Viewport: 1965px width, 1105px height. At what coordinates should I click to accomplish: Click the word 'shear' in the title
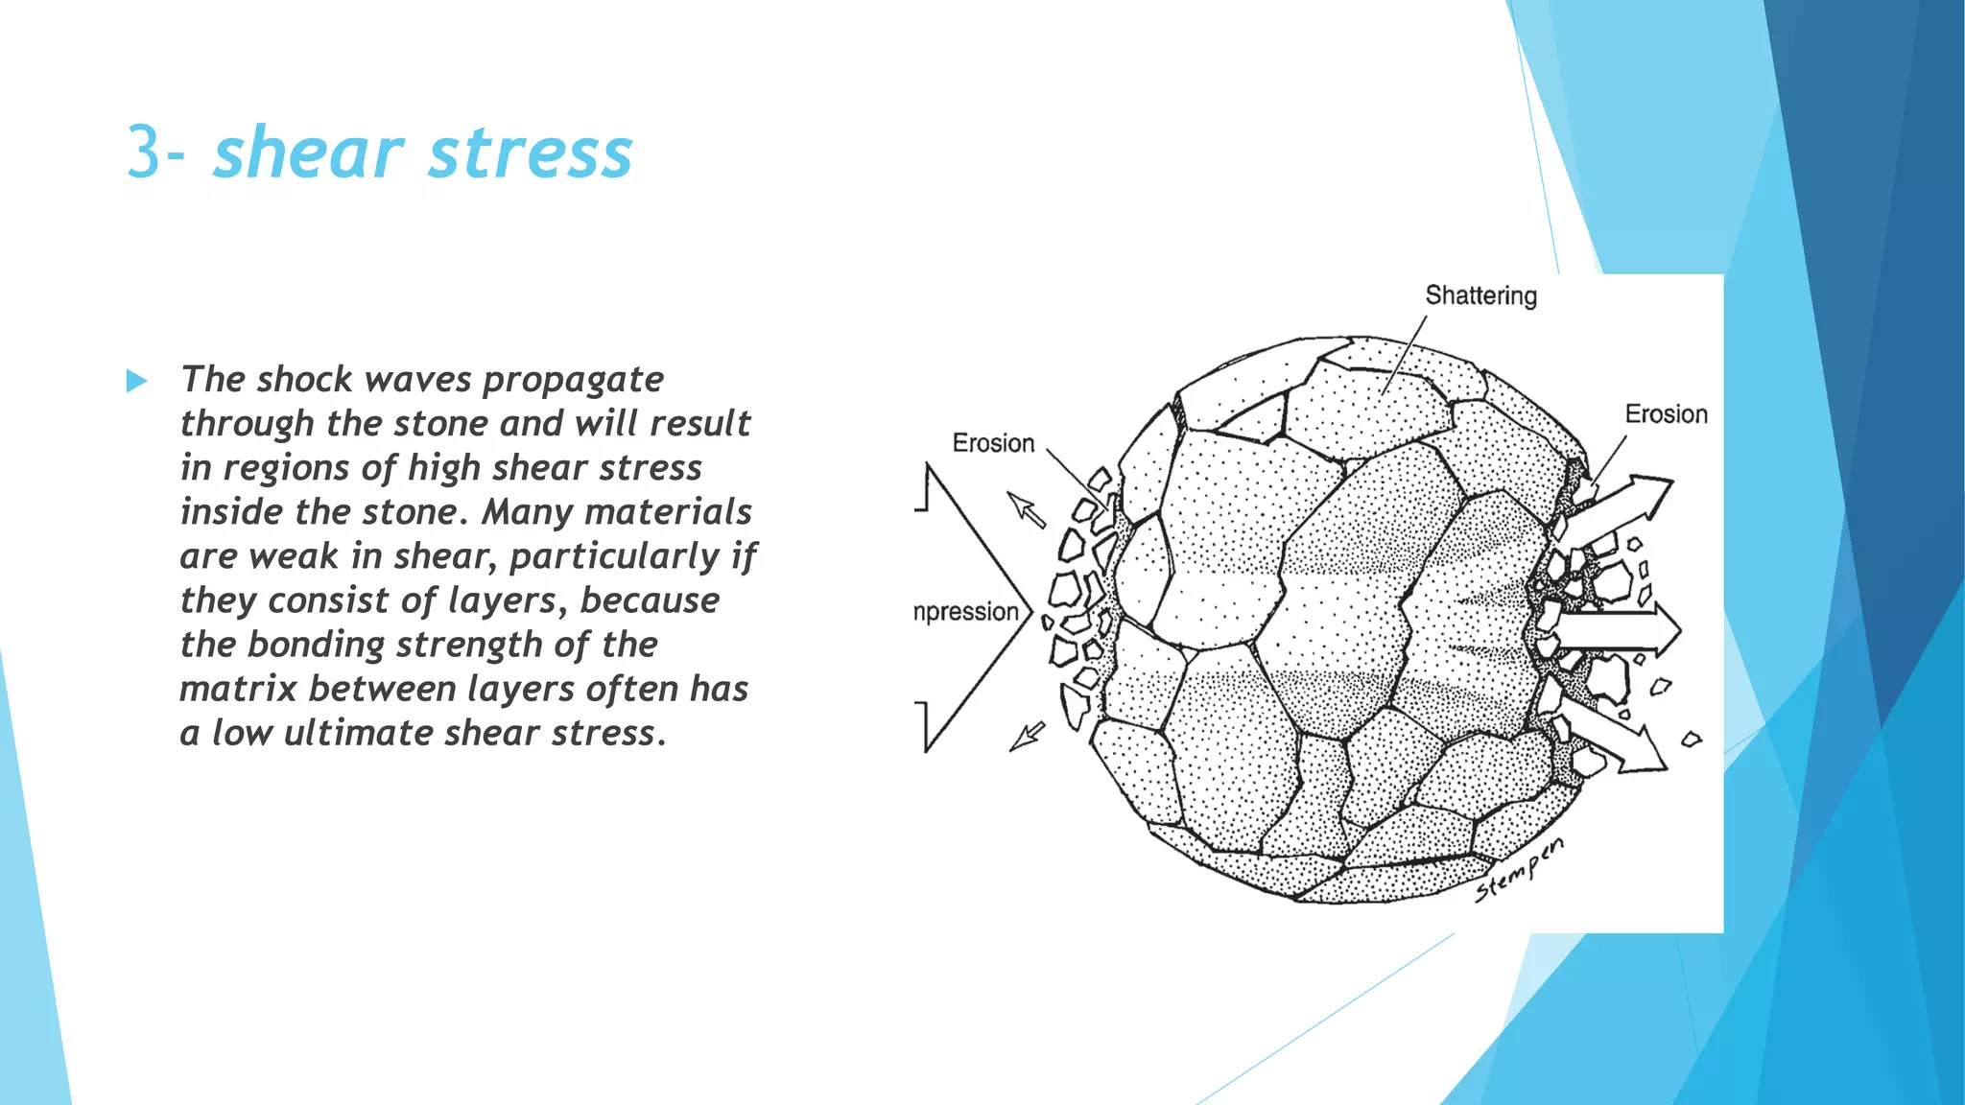pos(308,153)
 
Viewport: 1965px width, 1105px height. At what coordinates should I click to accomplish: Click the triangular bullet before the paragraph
pos(136,382)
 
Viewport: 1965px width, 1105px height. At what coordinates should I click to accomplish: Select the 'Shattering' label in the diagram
pos(1480,295)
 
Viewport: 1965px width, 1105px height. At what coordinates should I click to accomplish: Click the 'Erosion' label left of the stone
pos(993,443)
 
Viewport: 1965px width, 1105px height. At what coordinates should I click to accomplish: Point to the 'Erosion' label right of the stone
pos(1666,414)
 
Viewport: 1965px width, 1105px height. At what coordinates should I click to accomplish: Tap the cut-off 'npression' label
pos(966,612)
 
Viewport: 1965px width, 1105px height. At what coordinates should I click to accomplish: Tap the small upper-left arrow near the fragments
pos(1027,509)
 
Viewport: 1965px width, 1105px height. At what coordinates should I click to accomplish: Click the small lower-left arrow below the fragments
pos(1028,736)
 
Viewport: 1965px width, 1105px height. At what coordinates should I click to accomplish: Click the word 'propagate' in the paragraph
pos(573,381)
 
